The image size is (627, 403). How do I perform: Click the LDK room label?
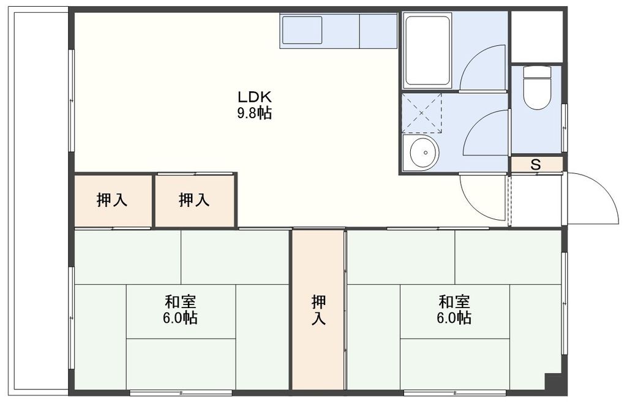click(x=254, y=97)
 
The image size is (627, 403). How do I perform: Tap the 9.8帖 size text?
click(x=254, y=113)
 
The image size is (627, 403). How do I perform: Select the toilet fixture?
click(x=537, y=88)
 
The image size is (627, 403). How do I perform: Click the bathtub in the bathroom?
click(x=428, y=50)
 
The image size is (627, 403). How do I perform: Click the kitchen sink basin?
click(x=302, y=30)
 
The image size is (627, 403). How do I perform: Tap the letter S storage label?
click(x=536, y=164)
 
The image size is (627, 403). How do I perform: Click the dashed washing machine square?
click(x=422, y=113)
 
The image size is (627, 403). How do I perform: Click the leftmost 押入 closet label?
click(x=112, y=200)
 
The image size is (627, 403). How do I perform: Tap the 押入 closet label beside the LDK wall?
click(x=194, y=200)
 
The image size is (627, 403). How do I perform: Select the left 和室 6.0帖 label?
click(x=181, y=310)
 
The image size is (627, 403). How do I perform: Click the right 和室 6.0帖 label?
click(x=454, y=310)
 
